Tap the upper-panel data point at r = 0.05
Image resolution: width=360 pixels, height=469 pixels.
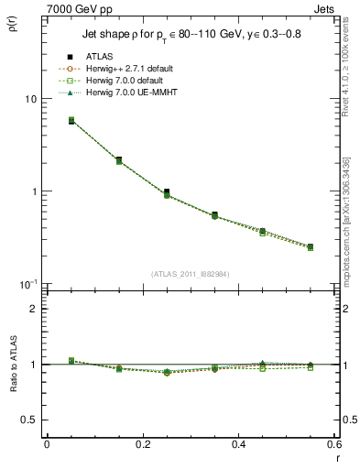(71, 121)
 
